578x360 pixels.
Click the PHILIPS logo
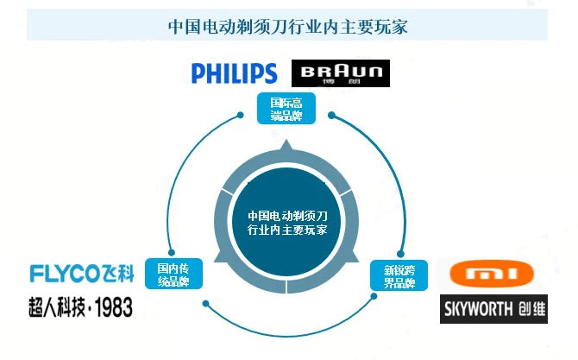coord(234,73)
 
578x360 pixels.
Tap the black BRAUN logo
coord(341,73)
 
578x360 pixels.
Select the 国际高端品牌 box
coord(287,110)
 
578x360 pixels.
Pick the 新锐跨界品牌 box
coord(399,275)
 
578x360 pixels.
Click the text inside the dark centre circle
coord(287,222)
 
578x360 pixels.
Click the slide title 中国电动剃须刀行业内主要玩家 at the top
coord(287,26)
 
